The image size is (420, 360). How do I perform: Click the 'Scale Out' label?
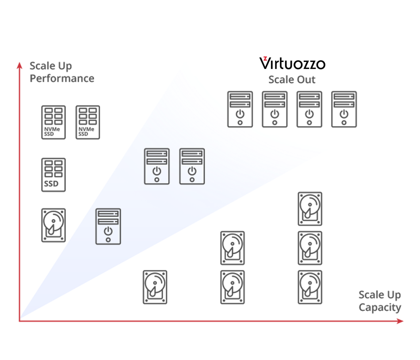[292, 80]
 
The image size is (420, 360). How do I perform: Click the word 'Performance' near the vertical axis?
[62, 79]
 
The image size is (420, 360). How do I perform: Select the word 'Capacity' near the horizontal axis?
[380, 308]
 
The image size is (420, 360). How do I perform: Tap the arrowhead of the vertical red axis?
[19, 65]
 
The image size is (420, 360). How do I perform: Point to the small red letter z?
[265, 58]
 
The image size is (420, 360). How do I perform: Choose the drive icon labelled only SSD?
[53, 174]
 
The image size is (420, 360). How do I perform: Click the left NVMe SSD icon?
[53, 122]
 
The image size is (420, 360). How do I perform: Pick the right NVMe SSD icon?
[88, 122]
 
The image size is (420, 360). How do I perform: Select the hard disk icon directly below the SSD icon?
[53, 225]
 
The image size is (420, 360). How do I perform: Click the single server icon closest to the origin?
[108, 226]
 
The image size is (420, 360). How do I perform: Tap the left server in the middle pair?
[157, 166]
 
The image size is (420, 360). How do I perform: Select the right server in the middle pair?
[192, 166]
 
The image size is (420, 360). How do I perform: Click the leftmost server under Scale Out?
[240, 109]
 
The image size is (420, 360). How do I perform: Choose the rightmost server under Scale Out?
[344, 109]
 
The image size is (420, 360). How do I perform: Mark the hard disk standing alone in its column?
[155, 287]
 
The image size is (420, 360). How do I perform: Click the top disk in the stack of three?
[310, 209]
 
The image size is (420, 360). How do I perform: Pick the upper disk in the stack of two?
[233, 248]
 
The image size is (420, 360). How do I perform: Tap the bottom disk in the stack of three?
[310, 287]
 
